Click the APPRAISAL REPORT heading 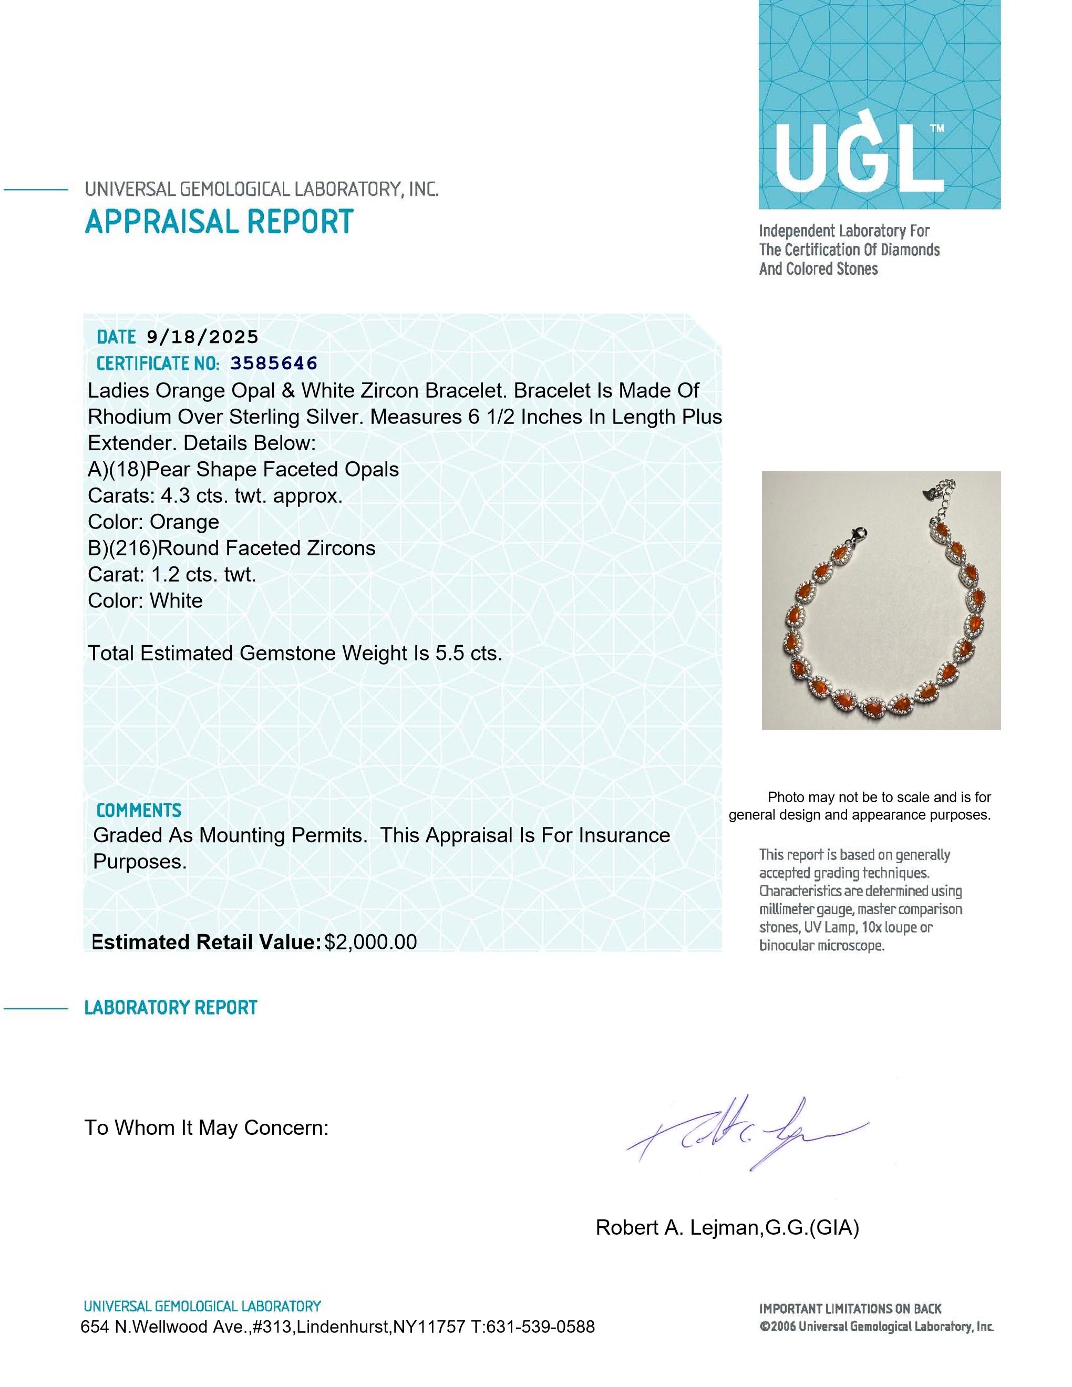(219, 222)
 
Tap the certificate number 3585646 (274, 363)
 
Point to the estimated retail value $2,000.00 (370, 942)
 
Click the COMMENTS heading (138, 810)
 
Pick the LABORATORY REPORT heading (170, 1008)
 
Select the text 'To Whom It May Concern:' (207, 1127)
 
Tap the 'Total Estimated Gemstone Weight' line (295, 653)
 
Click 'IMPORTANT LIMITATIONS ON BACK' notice (850, 1308)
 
